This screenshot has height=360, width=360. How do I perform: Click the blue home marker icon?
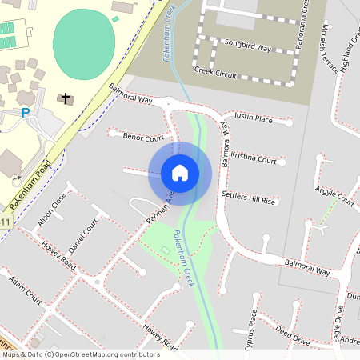tap(180, 172)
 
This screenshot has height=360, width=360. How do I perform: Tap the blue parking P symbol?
tap(26, 113)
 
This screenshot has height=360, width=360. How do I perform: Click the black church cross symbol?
tap(63, 98)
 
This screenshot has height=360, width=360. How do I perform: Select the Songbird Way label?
tap(247, 48)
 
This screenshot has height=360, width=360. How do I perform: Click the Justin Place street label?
tap(254, 118)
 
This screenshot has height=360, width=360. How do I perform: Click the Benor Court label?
tap(143, 138)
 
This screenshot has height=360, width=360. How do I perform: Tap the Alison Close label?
tap(50, 206)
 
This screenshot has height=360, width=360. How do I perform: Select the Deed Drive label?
tap(292, 334)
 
